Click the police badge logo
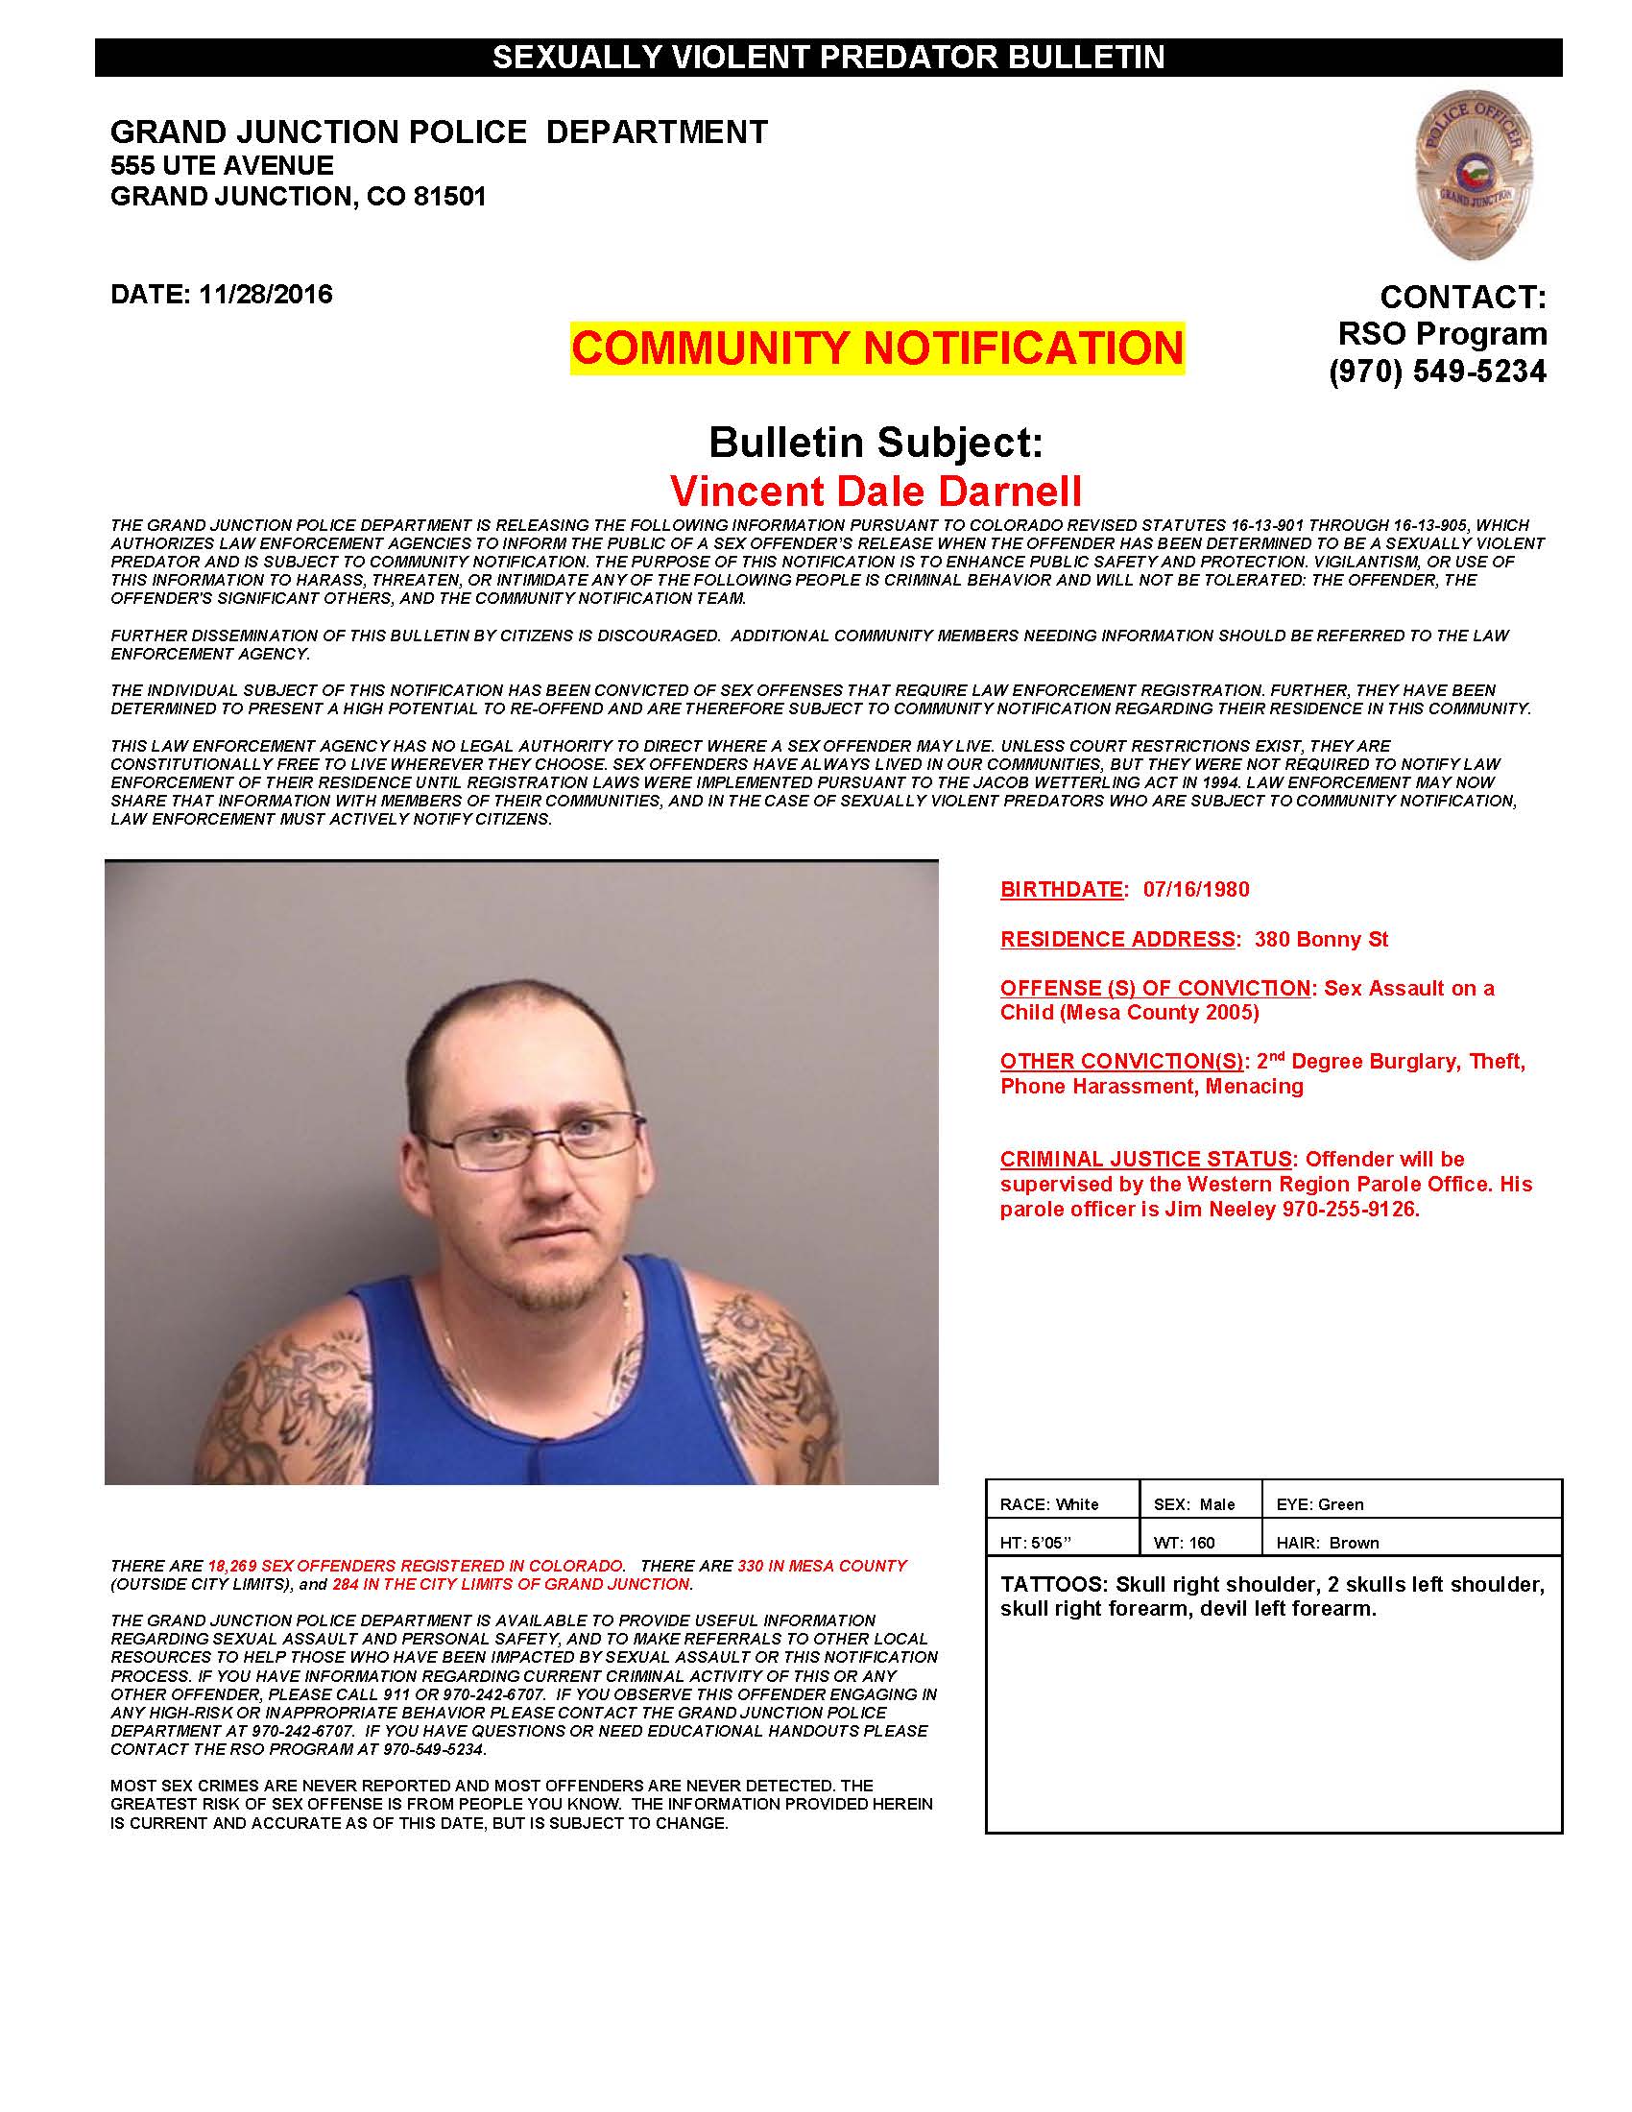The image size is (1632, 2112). click(x=1474, y=175)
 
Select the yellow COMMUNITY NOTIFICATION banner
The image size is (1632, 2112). click(x=876, y=348)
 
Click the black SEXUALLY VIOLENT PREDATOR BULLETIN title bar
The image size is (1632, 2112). click(x=828, y=58)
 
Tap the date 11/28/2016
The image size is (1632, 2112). click(x=265, y=294)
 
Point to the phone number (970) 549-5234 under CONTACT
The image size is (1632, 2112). click(x=1437, y=372)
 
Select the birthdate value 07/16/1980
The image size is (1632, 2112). click(x=1196, y=889)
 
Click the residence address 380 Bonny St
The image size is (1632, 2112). click(x=1321, y=939)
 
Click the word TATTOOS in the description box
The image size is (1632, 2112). click(x=1053, y=1585)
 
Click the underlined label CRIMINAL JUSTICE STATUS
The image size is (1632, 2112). click(x=1145, y=1159)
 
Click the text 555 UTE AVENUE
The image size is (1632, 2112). click(x=223, y=165)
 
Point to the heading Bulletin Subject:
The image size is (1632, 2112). click(x=876, y=443)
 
